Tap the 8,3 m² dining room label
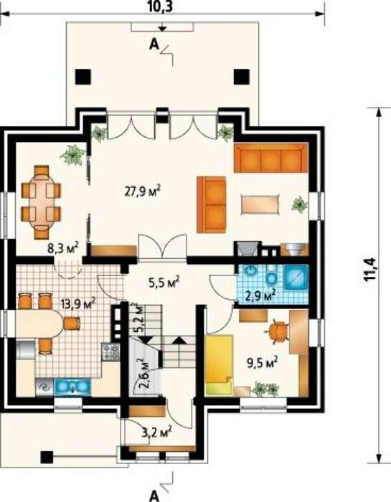pyautogui.click(x=63, y=248)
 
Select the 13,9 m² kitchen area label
pyautogui.click(x=78, y=303)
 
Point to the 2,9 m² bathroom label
pyautogui.click(x=260, y=295)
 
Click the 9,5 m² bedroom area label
pyautogui.click(x=262, y=363)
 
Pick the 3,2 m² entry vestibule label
pyautogui.click(x=156, y=433)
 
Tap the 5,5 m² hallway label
pyautogui.click(x=164, y=282)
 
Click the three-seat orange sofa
pyautogui.click(x=271, y=158)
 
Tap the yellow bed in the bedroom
pyautogui.click(x=219, y=365)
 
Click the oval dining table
pyautogui.click(x=41, y=202)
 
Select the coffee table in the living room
pyautogui.click(x=260, y=204)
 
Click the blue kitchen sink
pyautogui.click(x=72, y=387)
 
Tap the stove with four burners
pyautogui.click(x=110, y=352)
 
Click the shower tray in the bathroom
pyautogui.click(x=296, y=277)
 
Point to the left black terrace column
pyautogui.click(x=83, y=77)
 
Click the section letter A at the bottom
pyautogui.click(x=155, y=496)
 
